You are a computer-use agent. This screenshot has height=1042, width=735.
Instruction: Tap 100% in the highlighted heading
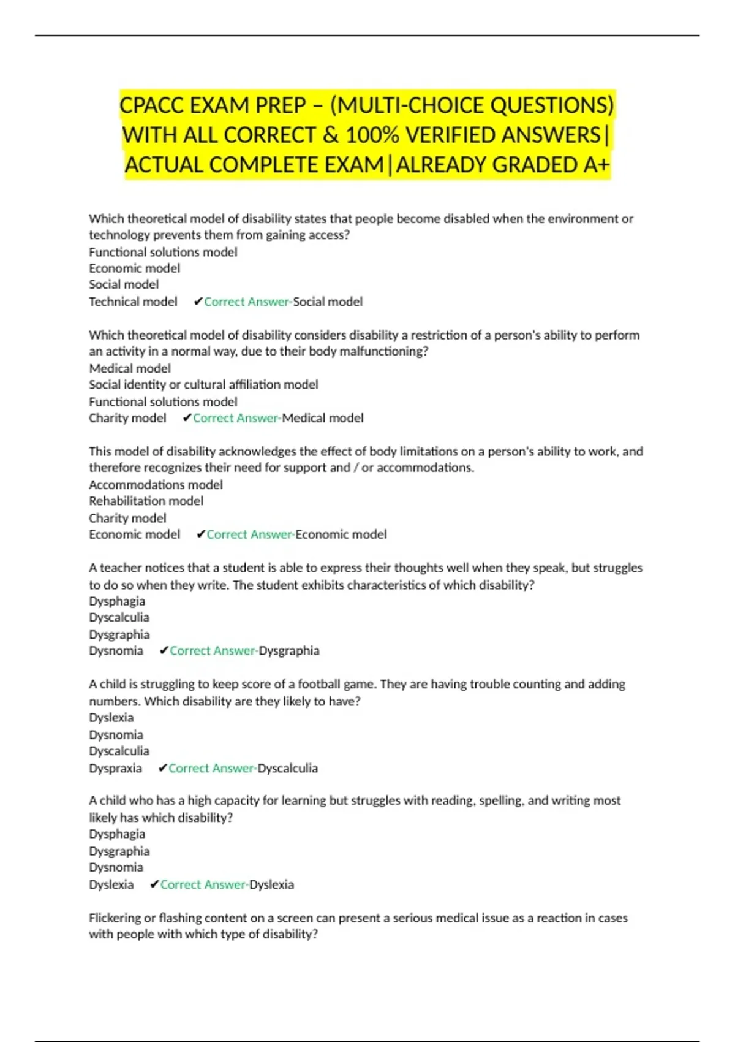(373, 135)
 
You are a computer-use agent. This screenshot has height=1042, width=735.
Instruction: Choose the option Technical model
(133, 302)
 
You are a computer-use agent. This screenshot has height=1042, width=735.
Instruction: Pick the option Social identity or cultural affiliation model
(203, 384)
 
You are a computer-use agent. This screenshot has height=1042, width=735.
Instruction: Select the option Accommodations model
(156, 484)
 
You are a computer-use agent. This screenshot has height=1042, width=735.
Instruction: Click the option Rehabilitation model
(146, 501)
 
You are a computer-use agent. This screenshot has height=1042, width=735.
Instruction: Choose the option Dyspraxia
(115, 768)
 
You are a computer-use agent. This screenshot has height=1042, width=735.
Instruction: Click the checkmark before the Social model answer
(198, 302)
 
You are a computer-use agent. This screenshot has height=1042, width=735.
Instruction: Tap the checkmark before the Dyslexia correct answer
(154, 884)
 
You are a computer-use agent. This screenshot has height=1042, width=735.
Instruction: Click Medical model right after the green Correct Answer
(323, 418)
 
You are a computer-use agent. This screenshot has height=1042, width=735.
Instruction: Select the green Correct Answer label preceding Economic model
(251, 534)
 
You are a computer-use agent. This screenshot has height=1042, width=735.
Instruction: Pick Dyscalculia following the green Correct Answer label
(288, 768)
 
